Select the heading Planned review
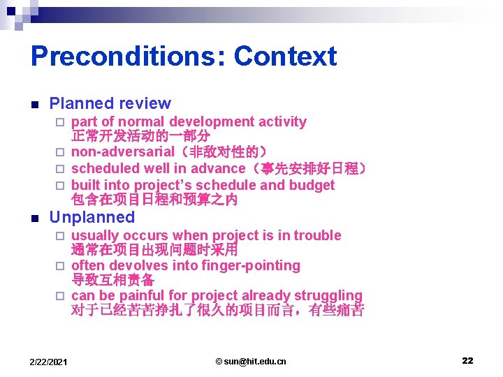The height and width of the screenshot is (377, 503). [x=110, y=103]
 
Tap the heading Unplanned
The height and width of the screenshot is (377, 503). [x=92, y=217]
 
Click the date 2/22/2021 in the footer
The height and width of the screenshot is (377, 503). [x=48, y=361]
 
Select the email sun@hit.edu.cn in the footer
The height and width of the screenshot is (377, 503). [x=251, y=361]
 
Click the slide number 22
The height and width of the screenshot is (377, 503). [x=467, y=360]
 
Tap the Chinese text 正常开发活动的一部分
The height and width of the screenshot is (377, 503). [x=140, y=136]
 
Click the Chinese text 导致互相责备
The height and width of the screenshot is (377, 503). [x=112, y=280]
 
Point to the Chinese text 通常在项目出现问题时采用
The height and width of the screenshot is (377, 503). [x=154, y=250]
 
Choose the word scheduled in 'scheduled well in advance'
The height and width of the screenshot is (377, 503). [x=105, y=168]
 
